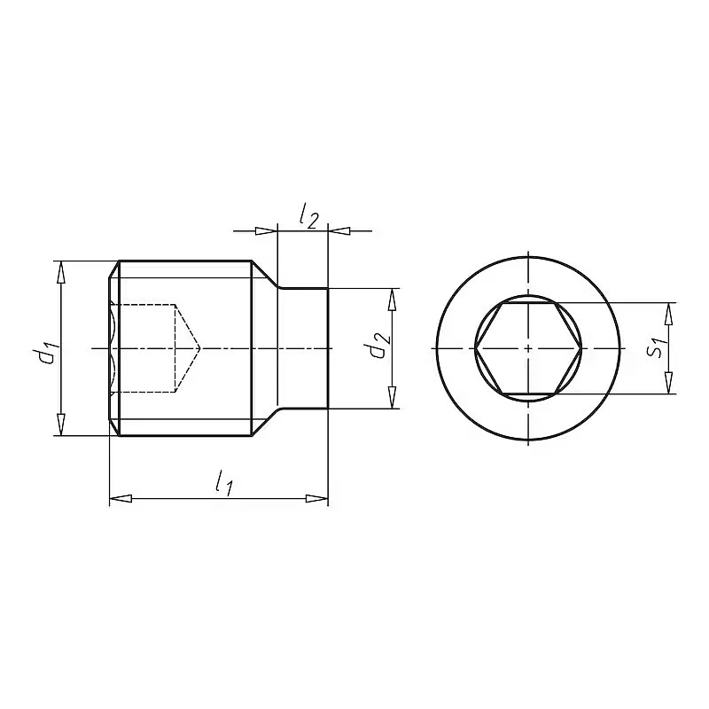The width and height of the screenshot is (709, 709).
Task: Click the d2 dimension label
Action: tap(378, 346)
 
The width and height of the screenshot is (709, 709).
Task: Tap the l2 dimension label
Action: tap(308, 216)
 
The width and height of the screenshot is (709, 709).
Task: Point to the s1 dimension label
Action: tap(656, 346)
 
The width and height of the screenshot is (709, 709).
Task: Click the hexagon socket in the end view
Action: tap(528, 348)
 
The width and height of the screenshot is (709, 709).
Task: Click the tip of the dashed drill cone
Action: tap(199, 348)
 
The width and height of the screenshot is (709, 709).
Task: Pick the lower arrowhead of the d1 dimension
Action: tap(61, 425)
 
